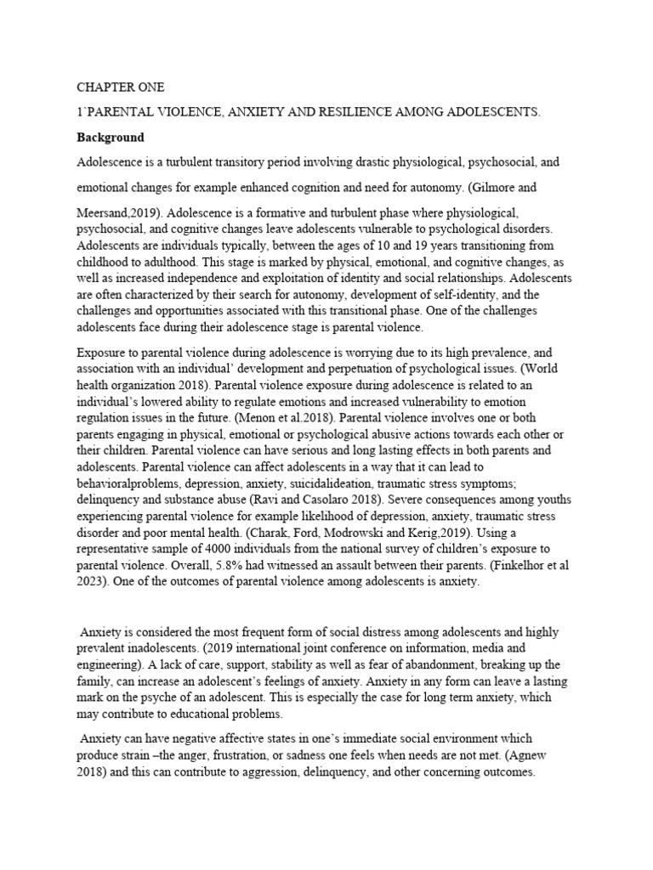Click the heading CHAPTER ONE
point(116,88)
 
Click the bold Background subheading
point(111,137)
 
